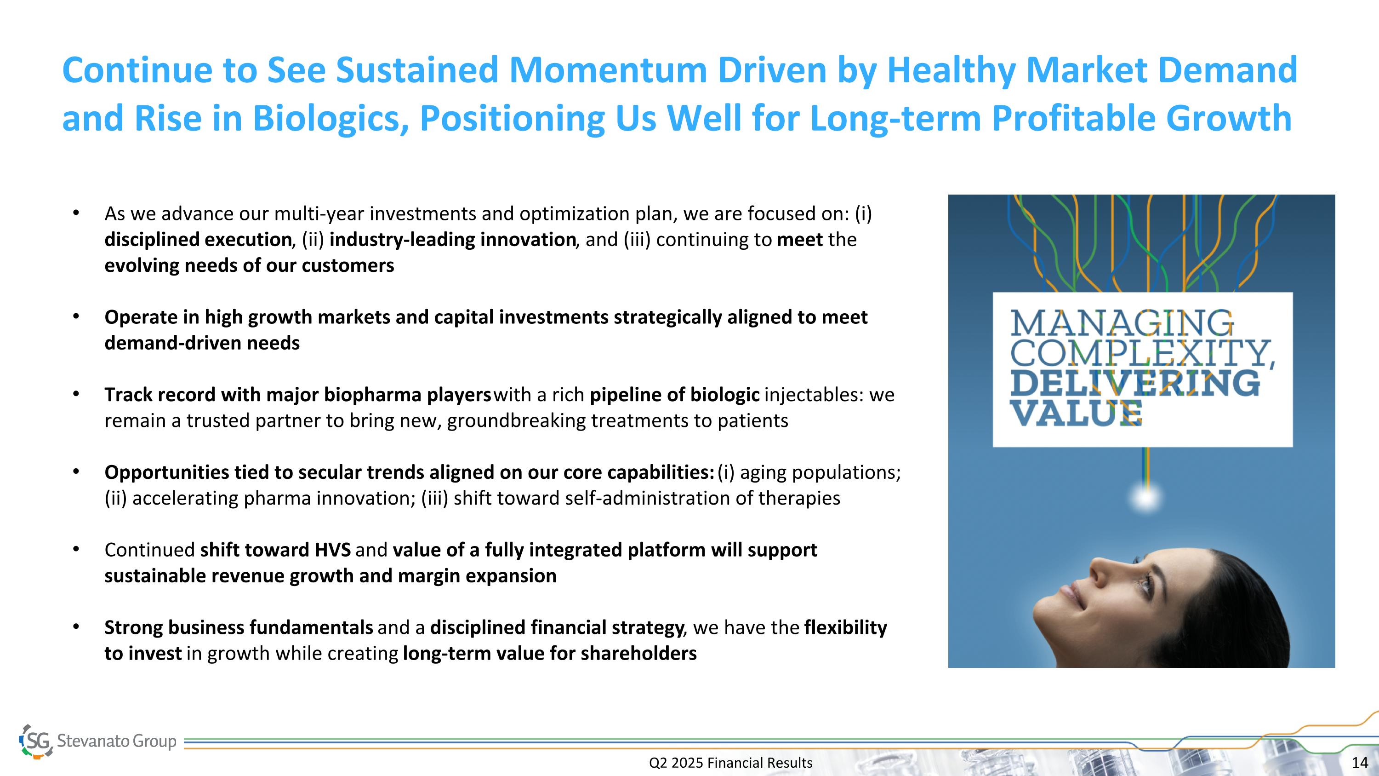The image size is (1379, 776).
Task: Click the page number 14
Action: pyautogui.click(x=1360, y=763)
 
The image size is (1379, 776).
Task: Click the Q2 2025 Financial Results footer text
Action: pyautogui.click(x=731, y=763)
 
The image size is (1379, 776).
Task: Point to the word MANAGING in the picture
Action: pyautogui.click(x=1122, y=323)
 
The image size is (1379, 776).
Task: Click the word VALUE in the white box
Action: pyautogui.click(x=1076, y=414)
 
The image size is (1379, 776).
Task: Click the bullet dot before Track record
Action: pyautogui.click(x=76, y=395)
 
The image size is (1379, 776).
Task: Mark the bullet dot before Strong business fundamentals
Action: pyautogui.click(x=76, y=627)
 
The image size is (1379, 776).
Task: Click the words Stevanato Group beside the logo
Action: pyautogui.click(x=117, y=741)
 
